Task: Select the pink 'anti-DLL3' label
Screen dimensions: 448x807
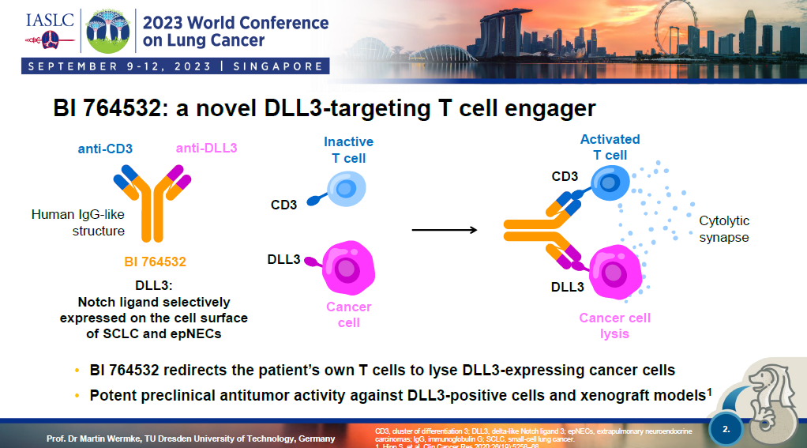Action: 207,148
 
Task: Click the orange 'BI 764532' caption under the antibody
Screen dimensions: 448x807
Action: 155,261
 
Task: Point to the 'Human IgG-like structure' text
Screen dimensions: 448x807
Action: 77,222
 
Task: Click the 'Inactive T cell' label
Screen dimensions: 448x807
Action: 348,149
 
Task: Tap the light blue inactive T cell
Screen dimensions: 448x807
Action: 346,190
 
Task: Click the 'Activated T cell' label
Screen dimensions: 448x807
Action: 610,147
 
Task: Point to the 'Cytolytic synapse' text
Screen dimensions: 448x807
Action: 723,228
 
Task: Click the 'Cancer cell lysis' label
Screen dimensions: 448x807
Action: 614,326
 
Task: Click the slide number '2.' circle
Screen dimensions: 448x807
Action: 726,429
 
